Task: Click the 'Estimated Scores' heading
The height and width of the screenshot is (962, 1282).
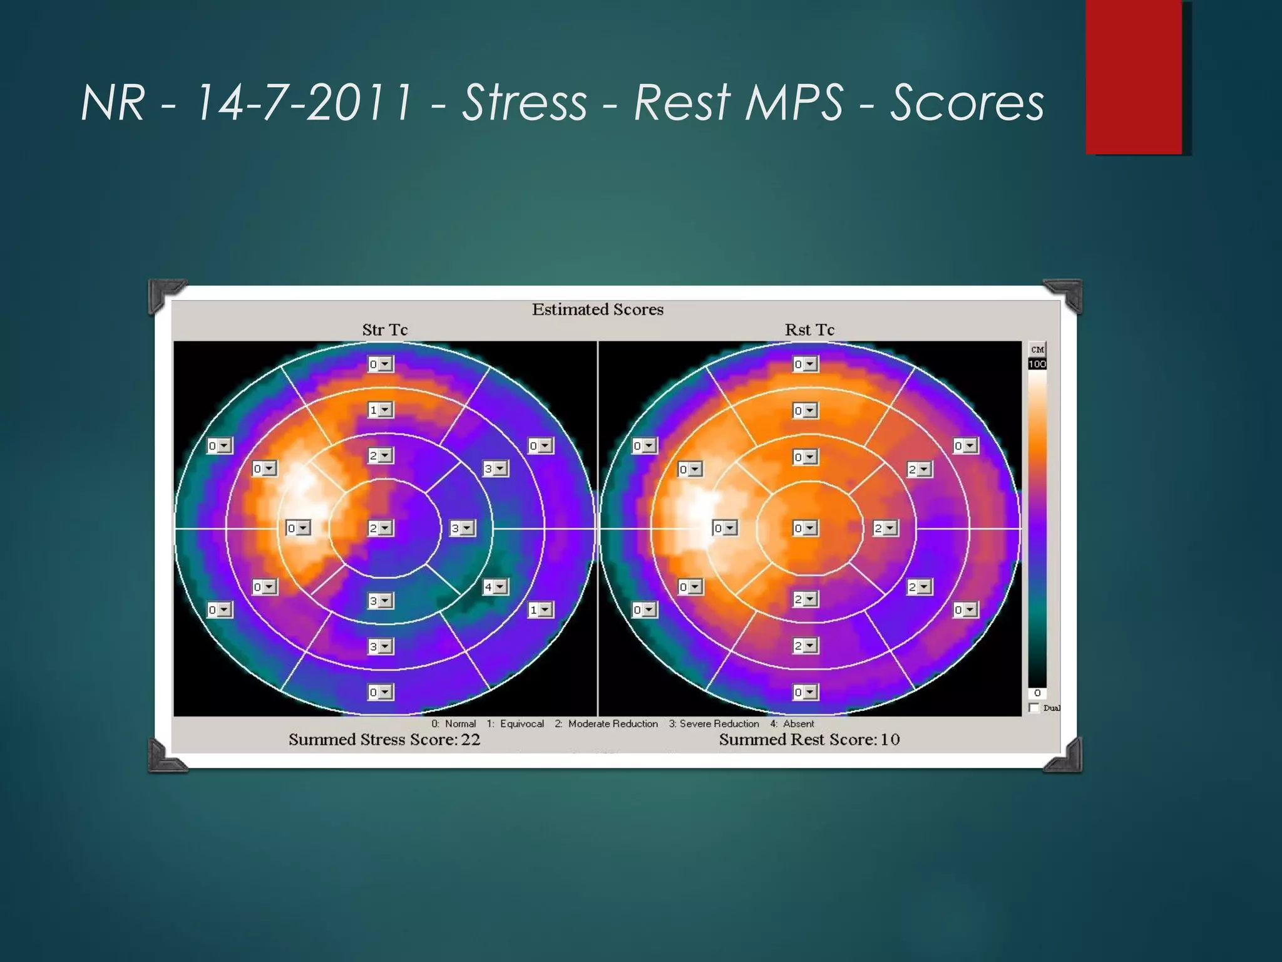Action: (x=597, y=309)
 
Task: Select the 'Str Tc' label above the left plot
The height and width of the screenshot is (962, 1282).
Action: (x=384, y=330)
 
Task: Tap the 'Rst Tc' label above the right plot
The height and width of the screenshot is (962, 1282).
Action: (x=809, y=330)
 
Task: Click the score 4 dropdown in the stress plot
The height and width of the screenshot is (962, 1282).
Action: (x=495, y=587)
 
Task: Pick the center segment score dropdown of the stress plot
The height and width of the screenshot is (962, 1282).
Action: (x=380, y=528)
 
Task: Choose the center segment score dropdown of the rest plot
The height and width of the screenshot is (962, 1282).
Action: (x=805, y=528)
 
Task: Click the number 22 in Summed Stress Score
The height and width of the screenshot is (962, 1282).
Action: (x=471, y=740)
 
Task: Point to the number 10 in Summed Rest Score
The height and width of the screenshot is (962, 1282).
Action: (x=890, y=740)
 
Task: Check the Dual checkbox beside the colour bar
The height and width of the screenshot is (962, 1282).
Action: (x=1034, y=708)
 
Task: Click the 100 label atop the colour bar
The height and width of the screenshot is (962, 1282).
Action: (x=1037, y=364)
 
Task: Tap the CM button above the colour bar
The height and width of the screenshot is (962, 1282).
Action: (x=1037, y=349)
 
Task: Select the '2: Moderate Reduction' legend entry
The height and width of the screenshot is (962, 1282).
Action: (x=606, y=724)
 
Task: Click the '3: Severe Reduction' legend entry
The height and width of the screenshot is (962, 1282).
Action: (x=714, y=724)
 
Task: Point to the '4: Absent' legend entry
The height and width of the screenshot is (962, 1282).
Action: (x=792, y=724)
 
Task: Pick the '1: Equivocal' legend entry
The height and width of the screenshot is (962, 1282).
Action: (x=515, y=724)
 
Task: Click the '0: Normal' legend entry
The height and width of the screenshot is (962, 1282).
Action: (x=453, y=724)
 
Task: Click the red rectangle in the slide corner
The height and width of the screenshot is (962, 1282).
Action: (x=1134, y=76)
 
